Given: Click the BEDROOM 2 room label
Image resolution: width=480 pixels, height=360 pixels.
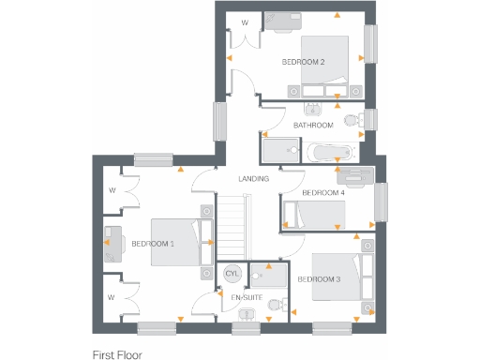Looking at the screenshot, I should (303, 62).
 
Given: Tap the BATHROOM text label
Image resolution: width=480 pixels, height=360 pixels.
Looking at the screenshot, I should (313, 125).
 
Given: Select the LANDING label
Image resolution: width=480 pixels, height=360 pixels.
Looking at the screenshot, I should (254, 178).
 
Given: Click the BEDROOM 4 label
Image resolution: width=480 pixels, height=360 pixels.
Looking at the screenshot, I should (323, 192).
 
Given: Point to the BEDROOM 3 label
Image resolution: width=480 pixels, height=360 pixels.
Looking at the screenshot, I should (319, 279).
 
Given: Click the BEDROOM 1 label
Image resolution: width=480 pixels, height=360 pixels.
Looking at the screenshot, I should (153, 244).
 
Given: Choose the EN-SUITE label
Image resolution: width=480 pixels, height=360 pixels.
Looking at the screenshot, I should (246, 297).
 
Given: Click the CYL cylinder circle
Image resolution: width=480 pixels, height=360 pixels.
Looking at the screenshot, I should (232, 274).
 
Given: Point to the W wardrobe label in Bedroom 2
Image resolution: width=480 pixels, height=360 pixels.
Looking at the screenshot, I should (245, 22).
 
